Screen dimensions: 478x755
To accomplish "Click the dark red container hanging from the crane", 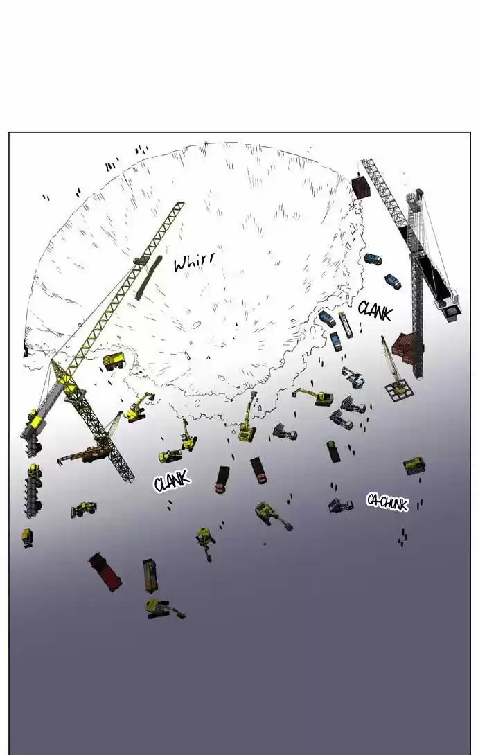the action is tap(361, 187).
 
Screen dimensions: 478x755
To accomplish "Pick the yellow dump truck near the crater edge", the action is tap(114, 360).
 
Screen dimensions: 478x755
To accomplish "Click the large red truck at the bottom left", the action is tap(105, 571).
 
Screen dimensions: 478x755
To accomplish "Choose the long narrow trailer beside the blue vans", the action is tap(346, 325).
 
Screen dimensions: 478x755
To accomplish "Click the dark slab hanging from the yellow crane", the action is tap(148, 278).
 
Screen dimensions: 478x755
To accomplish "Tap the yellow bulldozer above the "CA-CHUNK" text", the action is tap(414, 465).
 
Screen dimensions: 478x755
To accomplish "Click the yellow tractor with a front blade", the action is tap(84, 508).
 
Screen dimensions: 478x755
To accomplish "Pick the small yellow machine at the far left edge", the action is tap(28, 537).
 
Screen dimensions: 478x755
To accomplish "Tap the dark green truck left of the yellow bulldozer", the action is tap(333, 451).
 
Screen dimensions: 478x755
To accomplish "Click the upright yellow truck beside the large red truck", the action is tap(150, 576).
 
